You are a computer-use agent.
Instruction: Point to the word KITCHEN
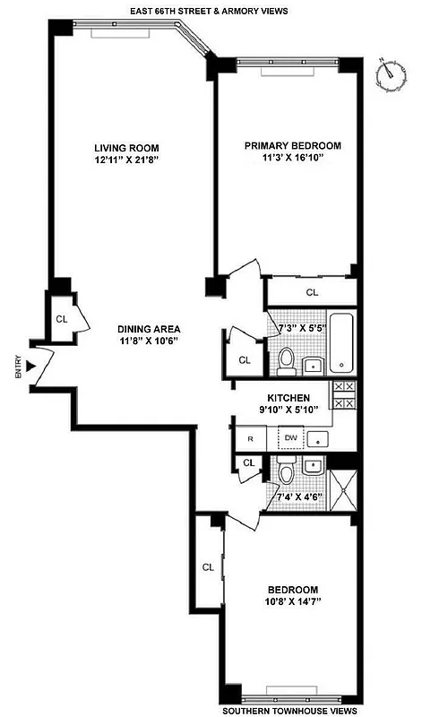(289, 398)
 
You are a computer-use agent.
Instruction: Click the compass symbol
(387, 73)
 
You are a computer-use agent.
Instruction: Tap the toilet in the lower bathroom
(287, 472)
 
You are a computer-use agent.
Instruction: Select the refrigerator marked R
(252, 438)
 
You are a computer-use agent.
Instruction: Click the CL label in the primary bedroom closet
(313, 292)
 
